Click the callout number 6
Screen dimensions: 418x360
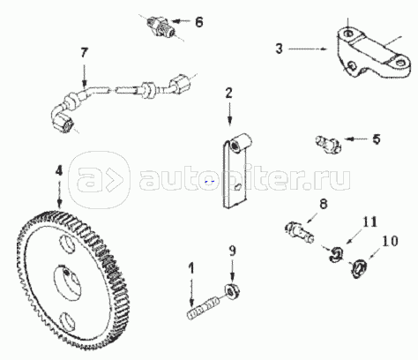tap(199, 22)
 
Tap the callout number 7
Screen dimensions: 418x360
tap(84, 53)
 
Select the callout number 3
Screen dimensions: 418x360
tap(279, 49)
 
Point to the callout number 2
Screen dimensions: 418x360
tap(229, 93)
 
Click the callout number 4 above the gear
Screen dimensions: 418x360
tap(59, 170)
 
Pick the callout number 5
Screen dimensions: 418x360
tap(377, 139)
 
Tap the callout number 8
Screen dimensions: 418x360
tap(324, 204)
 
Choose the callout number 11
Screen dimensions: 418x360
tap(369, 221)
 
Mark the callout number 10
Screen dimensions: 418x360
tap(390, 241)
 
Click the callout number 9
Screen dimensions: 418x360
tap(232, 251)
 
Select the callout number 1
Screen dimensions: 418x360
tap(191, 268)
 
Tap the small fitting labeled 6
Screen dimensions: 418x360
tap(161, 26)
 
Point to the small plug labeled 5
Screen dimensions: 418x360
tap(328, 144)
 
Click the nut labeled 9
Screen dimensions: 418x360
tap(232, 292)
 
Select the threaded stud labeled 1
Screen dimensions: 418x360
tap(204, 308)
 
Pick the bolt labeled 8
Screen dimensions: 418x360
tap(300, 232)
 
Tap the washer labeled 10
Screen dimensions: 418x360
tap(358, 269)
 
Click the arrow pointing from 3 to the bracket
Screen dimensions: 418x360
tap(308, 49)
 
